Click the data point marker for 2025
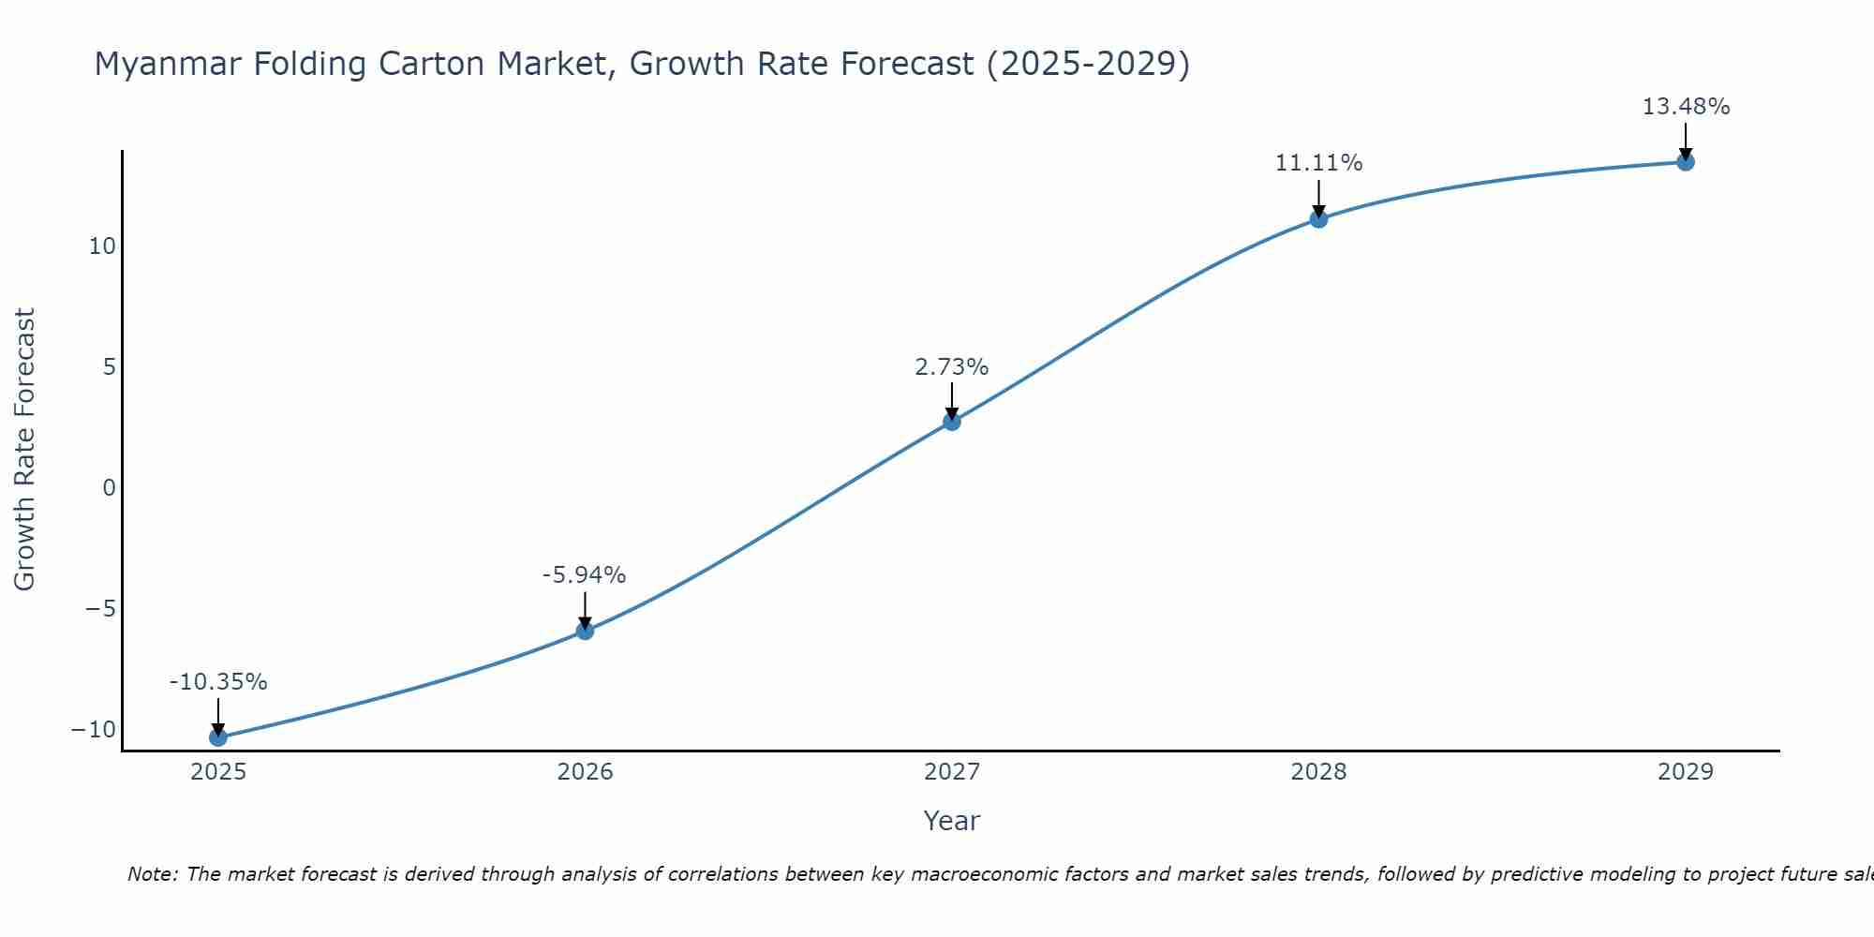pos(218,737)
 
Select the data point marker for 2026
pos(585,631)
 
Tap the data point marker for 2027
pos(952,422)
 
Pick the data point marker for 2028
pos(1318,219)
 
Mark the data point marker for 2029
pos(1686,162)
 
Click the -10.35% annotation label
pos(218,682)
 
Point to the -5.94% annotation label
pos(584,575)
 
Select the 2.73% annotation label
pos(951,367)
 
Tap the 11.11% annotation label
pos(1318,163)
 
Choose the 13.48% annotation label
pos(1686,107)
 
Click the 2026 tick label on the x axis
pos(585,772)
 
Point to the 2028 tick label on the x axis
pos(1318,772)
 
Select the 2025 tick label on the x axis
pos(218,772)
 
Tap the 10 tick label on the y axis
pos(102,246)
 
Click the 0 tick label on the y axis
pos(110,488)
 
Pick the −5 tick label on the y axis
pos(100,609)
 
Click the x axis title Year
pos(951,821)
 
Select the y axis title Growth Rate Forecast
pos(24,450)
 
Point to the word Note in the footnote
pos(151,874)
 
